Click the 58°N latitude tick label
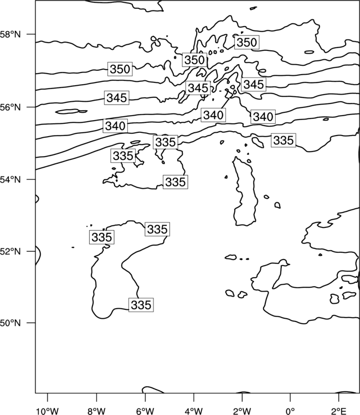point(10,34)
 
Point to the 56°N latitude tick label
point(10,107)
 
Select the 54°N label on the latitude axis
point(10,180)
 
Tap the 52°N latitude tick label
point(10,251)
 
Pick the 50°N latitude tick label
point(10,323)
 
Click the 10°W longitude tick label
point(48,411)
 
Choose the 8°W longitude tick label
point(96,411)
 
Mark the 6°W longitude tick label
point(145,411)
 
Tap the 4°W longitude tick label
point(193,411)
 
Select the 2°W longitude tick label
point(242,411)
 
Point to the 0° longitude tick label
point(290,411)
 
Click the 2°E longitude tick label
point(339,411)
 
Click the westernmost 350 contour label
point(120,69)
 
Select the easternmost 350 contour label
point(246,43)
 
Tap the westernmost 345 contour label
point(117,98)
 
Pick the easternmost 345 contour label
point(254,85)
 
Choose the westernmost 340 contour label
point(115,126)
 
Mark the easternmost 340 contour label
point(263,117)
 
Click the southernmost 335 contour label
point(141,305)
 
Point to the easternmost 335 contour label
point(284,141)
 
